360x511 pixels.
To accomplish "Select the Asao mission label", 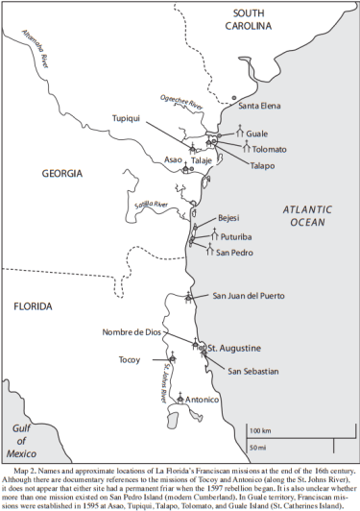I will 174,159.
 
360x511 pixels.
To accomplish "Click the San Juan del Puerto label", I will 252,295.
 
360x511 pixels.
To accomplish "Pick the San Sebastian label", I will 253,370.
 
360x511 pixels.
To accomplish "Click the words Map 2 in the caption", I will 27,472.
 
